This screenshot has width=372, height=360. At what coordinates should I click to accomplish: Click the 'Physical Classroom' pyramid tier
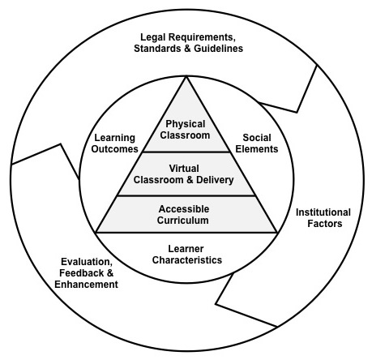(x=187, y=129)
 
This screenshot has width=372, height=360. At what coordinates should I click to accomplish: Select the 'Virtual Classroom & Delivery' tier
(x=187, y=174)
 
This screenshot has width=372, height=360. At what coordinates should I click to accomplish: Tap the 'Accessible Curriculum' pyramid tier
(x=187, y=214)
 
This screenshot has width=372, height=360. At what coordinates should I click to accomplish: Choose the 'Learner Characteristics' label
(x=187, y=254)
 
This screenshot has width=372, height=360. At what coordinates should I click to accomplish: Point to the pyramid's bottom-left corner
(x=96, y=233)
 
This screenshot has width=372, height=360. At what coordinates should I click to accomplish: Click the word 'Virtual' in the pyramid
(x=187, y=168)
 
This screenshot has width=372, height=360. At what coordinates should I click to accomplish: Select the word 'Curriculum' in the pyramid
(x=187, y=220)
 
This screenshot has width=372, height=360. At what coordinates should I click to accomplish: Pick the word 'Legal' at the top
(x=154, y=36)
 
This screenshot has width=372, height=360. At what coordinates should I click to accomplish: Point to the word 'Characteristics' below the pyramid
(x=187, y=259)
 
